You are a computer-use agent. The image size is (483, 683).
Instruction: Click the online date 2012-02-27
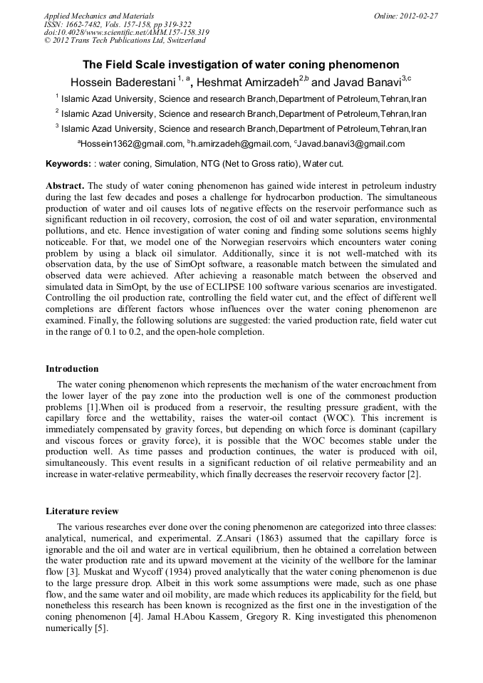pyautogui.click(x=406, y=15)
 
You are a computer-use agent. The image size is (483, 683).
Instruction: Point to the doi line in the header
pyautogui.click(x=126, y=32)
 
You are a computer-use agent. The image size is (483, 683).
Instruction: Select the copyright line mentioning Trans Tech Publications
pyautogui.click(x=125, y=41)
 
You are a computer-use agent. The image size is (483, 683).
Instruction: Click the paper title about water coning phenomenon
pyautogui.click(x=241, y=65)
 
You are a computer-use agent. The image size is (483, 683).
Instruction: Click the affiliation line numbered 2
pyautogui.click(x=241, y=113)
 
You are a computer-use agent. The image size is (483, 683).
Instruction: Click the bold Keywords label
pyautogui.click(x=68, y=164)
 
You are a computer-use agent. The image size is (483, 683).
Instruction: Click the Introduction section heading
pyautogui.click(x=72, y=369)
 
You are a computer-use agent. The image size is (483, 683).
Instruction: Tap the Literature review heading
pyautogui.click(x=82, y=511)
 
